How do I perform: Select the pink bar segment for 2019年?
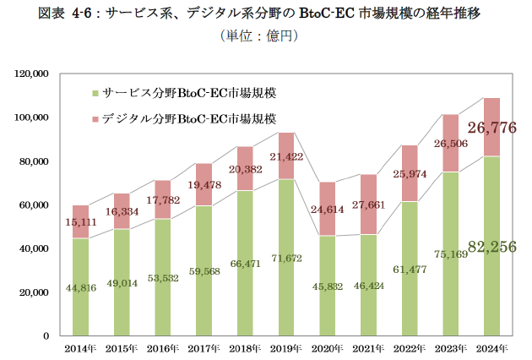(286, 156)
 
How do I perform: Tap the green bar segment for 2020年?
(328, 287)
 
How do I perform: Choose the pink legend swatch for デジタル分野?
(96, 118)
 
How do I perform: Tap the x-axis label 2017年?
(204, 348)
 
